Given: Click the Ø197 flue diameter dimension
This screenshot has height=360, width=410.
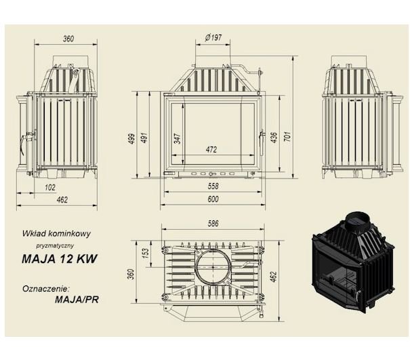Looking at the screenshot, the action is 213,38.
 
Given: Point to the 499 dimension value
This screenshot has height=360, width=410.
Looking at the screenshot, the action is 131,138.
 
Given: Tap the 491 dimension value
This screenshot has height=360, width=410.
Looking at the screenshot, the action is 144,138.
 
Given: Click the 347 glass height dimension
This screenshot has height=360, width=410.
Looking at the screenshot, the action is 178,138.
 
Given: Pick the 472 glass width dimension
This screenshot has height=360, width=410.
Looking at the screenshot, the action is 211,149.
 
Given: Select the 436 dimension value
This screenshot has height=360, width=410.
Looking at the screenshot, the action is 273,138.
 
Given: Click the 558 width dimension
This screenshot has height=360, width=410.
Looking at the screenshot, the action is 213,186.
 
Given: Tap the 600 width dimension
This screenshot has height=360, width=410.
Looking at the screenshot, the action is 213,199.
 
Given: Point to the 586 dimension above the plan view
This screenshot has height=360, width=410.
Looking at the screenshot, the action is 213,224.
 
